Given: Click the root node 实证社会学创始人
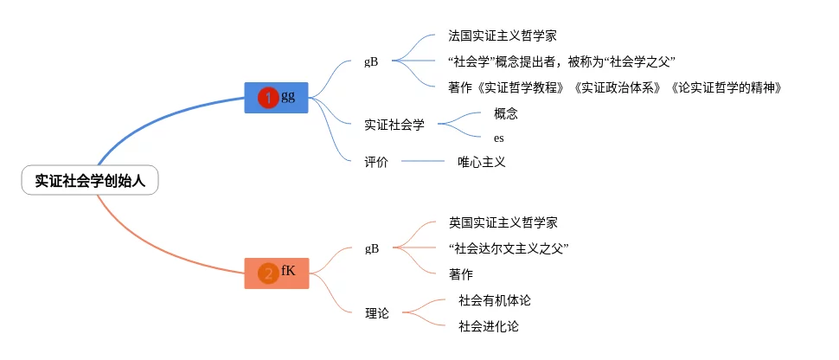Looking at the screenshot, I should (90, 180).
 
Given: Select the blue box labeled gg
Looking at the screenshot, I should (277, 98).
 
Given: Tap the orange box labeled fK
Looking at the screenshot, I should (277, 273).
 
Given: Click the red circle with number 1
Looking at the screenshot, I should (268, 99).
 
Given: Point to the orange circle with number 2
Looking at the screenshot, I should (268, 273).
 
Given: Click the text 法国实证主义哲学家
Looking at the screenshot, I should (502, 36).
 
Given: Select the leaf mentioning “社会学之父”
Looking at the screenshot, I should (561, 61).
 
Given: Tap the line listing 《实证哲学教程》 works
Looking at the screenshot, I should (614, 87).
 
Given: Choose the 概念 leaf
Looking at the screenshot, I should (506, 113).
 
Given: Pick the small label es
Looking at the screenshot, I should (499, 138).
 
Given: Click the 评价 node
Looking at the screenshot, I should (376, 162).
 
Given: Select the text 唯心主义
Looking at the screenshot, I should (481, 162).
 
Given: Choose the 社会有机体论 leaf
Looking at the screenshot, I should (494, 300).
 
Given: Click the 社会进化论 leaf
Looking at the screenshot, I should (489, 326).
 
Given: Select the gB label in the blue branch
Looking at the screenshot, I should (372, 61).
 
